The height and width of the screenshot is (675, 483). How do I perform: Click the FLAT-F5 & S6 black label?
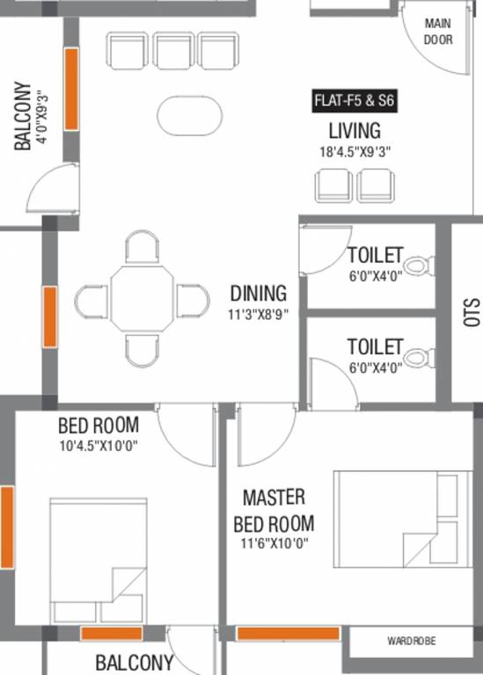click(355, 101)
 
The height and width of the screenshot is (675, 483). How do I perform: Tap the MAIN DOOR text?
click(438, 32)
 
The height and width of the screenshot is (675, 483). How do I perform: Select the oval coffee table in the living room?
click(189, 115)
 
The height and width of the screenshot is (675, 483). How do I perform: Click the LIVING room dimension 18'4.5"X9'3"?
click(355, 152)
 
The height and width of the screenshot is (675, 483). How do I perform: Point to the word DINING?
click(258, 294)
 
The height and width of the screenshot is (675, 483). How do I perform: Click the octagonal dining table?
click(143, 298)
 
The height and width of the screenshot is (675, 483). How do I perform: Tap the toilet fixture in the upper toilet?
click(419, 265)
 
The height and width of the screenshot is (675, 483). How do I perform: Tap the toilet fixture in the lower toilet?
click(419, 358)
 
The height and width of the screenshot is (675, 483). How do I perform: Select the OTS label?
click(472, 312)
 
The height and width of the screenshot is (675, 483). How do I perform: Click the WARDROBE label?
click(412, 641)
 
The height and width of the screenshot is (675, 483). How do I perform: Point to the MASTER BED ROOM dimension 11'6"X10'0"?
click(274, 543)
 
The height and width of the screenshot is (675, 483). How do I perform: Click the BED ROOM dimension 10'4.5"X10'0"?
click(99, 446)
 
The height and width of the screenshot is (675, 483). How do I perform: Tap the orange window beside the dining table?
click(50, 316)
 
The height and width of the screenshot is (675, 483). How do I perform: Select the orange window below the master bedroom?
click(289, 634)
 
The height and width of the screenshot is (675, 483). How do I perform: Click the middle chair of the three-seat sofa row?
click(172, 50)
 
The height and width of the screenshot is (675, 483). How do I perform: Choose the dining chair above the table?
click(143, 247)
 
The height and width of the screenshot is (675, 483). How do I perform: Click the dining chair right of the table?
click(193, 301)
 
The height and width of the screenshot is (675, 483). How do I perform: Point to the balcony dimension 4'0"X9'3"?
click(42, 116)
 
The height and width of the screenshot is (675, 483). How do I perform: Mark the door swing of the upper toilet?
click(326, 250)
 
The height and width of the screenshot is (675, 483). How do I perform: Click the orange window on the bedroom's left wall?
click(7, 527)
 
